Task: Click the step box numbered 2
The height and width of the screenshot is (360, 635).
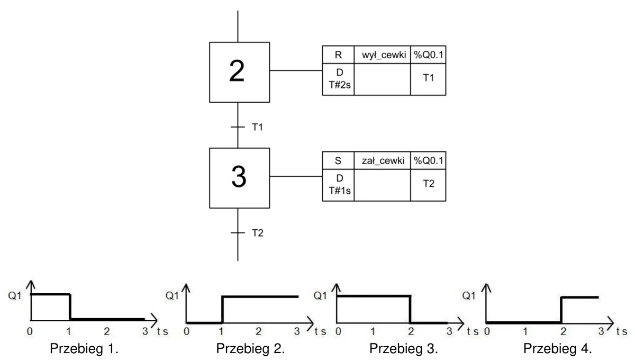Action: tap(240, 73)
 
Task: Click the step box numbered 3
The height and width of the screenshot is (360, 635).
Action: tap(240, 178)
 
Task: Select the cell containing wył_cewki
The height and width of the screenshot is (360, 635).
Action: tap(382, 55)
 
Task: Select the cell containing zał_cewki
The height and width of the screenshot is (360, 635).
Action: tap(382, 160)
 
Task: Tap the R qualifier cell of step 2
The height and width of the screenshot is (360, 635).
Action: tap(338, 55)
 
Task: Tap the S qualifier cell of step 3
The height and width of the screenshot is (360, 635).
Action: tap(338, 160)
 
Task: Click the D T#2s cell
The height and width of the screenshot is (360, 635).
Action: tap(338, 79)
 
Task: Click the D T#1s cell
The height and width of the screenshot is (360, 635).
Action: tap(338, 185)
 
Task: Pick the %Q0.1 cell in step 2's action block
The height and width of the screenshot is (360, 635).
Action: tap(428, 55)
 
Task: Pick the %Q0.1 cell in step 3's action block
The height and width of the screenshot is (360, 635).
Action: tap(428, 160)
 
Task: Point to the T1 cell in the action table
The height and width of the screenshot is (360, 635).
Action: tap(428, 79)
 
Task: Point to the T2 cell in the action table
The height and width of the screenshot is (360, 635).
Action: tap(428, 185)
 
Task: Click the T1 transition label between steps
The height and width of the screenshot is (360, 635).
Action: tap(257, 127)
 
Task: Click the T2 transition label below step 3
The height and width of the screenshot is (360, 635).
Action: tap(258, 233)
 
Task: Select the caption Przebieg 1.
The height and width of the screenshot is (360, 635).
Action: tap(84, 348)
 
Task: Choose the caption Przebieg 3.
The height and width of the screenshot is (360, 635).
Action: tap(404, 348)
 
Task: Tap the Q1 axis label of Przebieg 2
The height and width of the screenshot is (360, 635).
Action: tap(172, 295)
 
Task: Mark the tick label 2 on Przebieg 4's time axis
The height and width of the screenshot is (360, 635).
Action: tap(563, 331)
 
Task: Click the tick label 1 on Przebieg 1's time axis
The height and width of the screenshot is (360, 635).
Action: tap(68, 331)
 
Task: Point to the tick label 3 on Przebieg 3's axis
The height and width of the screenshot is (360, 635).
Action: tap(449, 331)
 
